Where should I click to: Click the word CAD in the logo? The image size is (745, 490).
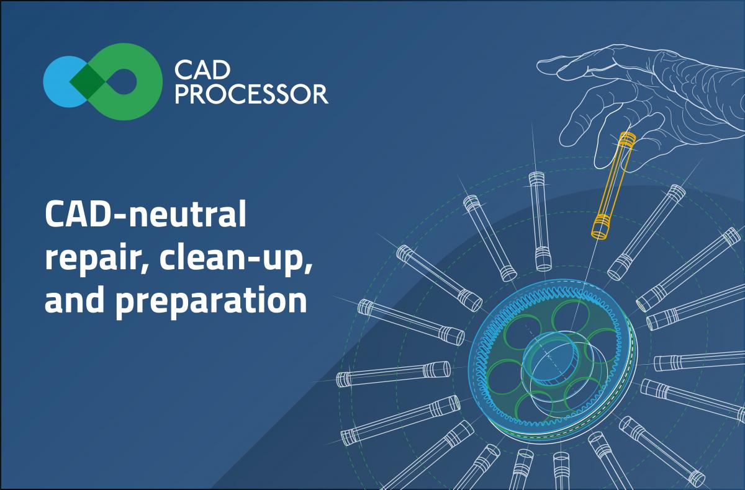coord(202,71)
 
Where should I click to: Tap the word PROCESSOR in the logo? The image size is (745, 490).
coord(252,95)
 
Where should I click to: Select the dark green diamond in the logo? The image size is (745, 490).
coord(87,81)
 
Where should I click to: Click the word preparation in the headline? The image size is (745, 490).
coord(211,301)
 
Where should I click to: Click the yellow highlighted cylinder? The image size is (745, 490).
coord(613,185)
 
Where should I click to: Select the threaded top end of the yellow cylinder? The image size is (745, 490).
coord(626,139)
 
